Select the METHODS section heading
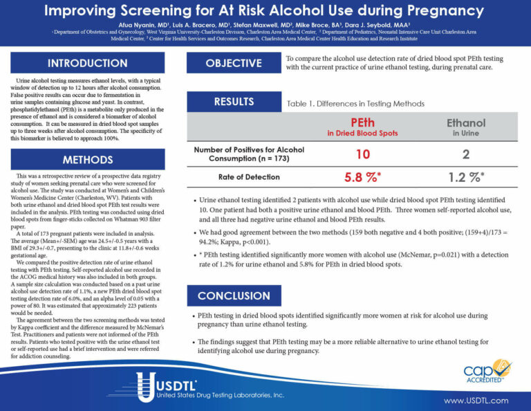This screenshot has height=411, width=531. pyautogui.click(x=87, y=160)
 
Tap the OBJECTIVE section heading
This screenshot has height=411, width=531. pyautogui.click(x=233, y=64)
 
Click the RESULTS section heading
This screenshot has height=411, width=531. pyautogui.click(x=233, y=102)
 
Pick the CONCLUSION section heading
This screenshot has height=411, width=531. pyautogui.click(x=233, y=295)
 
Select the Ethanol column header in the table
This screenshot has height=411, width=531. pyautogui.click(x=465, y=123)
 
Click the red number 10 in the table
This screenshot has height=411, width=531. pyautogui.click(x=363, y=154)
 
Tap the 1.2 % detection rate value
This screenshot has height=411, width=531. pyautogui.click(x=465, y=177)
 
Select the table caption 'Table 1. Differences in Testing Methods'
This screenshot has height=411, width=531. pyautogui.click(x=355, y=103)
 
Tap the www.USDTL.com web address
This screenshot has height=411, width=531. pyautogui.click(x=476, y=401)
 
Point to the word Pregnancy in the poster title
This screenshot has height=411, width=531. pyautogui.click(x=442, y=11)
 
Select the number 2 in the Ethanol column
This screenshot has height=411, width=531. pyautogui.click(x=465, y=154)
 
